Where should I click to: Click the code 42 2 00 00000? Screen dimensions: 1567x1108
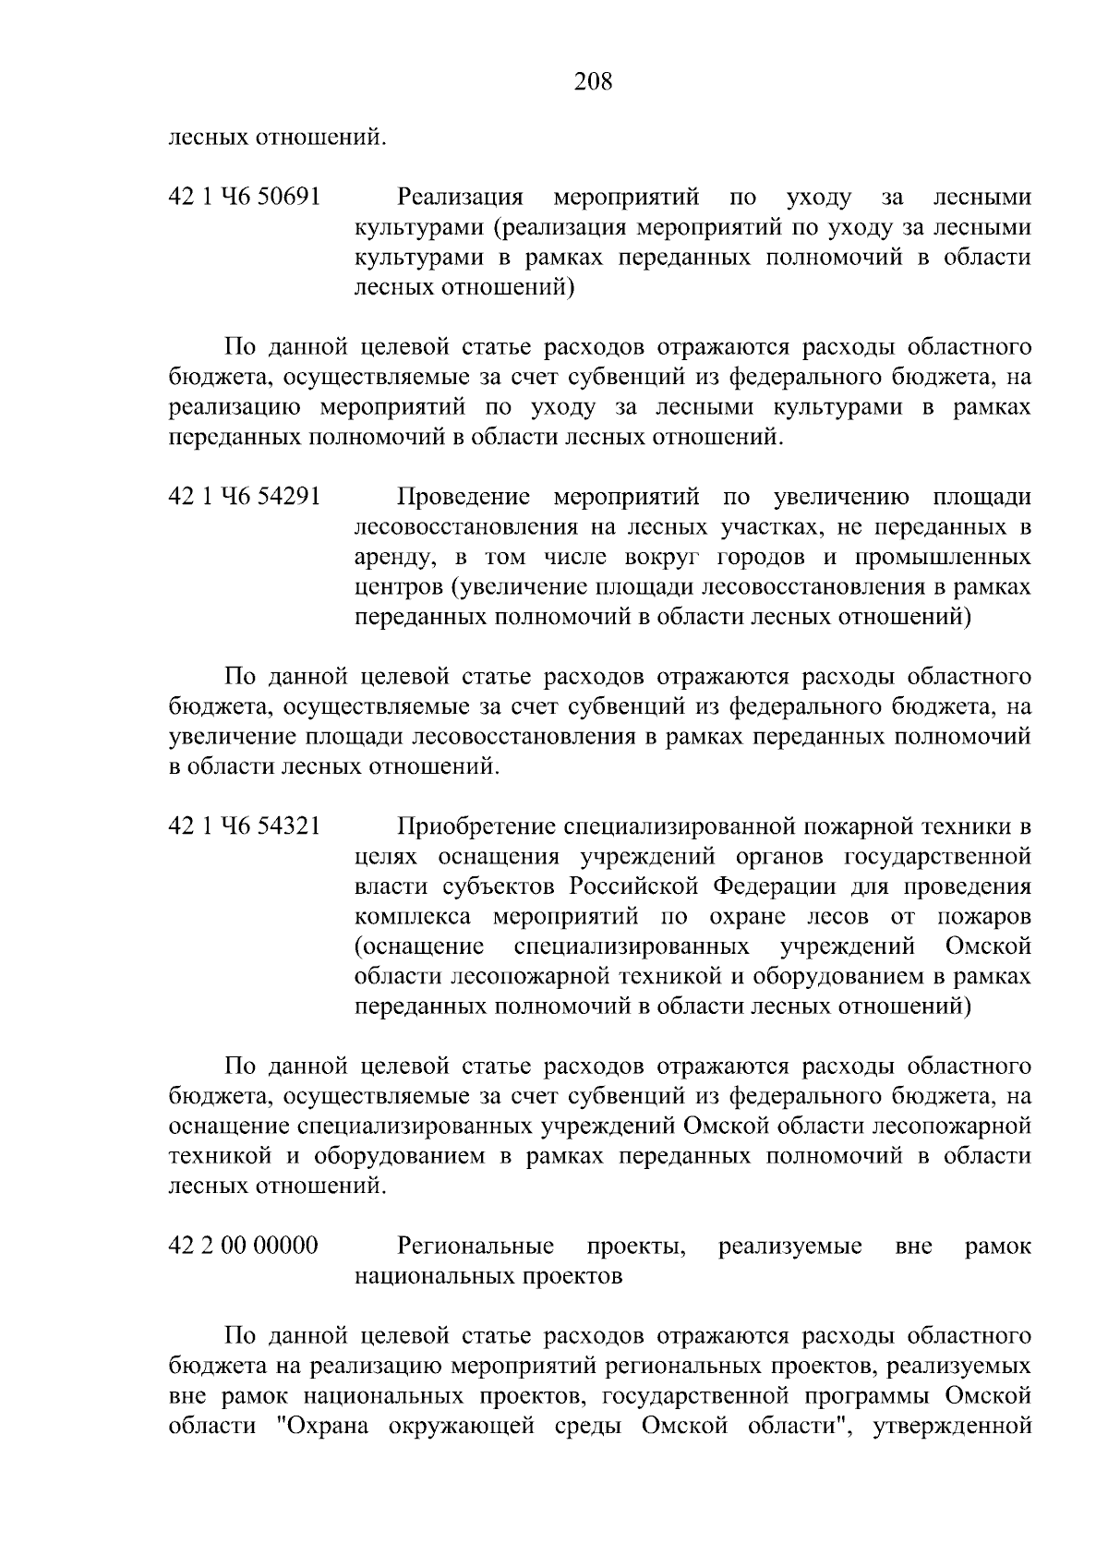[243, 1247]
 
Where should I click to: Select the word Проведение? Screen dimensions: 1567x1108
[464, 498]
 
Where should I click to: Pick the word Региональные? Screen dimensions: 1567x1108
[476, 1247]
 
